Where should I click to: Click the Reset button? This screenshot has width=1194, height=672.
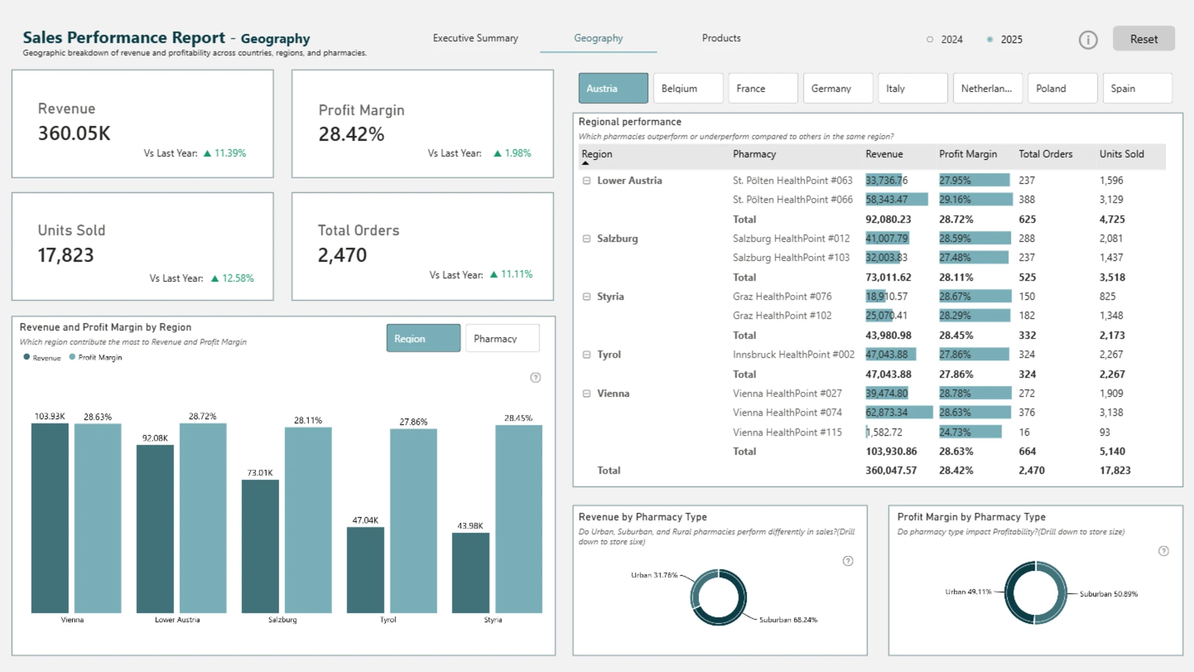click(x=1144, y=39)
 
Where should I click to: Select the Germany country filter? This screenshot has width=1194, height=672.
click(x=838, y=88)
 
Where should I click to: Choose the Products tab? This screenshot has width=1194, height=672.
click(x=721, y=38)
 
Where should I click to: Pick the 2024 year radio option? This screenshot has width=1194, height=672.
click(x=930, y=39)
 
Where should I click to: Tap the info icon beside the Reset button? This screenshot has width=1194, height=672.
click(x=1088, y=40)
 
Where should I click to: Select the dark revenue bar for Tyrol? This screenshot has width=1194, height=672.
click(x=365, y=570)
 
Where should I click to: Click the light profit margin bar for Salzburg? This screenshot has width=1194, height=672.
click(x=308, y=520)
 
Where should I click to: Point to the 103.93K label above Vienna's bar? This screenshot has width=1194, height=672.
click(x=50, y=416)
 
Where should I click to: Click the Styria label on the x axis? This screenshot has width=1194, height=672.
click(x=493, y=620)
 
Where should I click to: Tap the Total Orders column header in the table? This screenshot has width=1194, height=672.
click(x=1045, y=154)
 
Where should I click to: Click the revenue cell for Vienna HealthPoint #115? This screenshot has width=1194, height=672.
click(x=884, y=432)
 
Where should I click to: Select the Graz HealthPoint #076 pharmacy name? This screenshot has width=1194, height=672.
click(x=782, y=296)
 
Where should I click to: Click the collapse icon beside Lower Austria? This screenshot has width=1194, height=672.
click(x=586, y=180)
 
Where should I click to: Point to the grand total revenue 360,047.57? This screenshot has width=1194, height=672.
click(x=891, y=470)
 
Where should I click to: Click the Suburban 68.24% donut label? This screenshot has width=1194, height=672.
click(x=788, y=620)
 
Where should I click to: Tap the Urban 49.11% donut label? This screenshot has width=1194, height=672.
click(x=968, y=592)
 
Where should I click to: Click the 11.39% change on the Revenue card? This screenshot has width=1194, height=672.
click(x=230, y=153)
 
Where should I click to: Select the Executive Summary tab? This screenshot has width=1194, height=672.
click(x=475, y=38)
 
